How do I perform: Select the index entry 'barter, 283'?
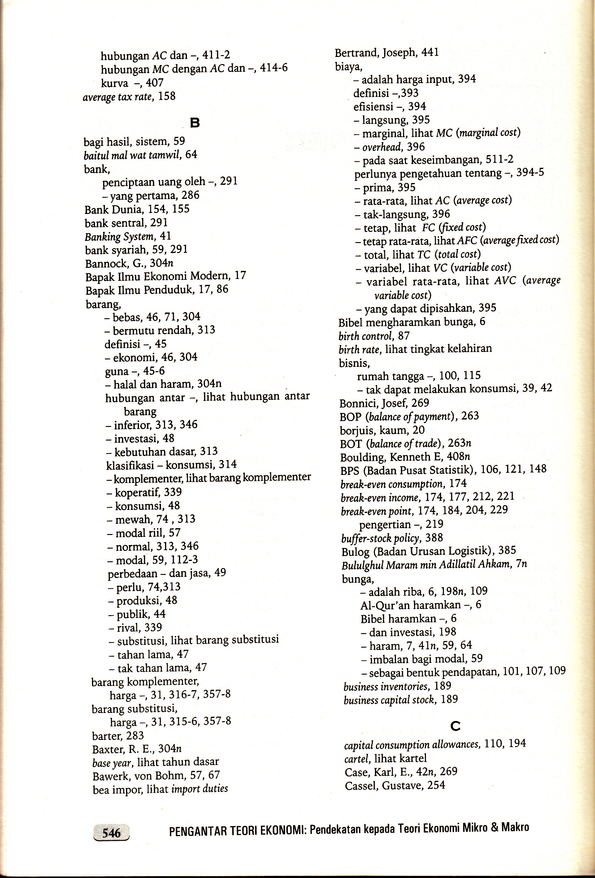[x=118, y=736]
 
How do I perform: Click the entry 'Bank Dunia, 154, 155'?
[x=137, y=209]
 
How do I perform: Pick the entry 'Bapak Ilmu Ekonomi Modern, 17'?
[x=165, y=276]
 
